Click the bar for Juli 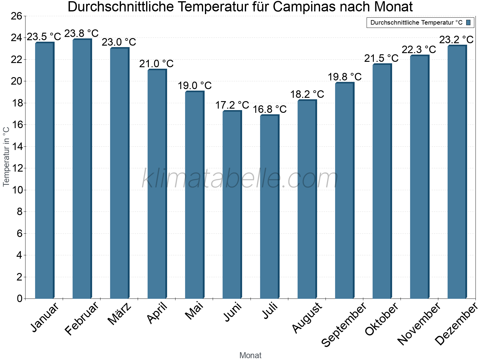point(269,207)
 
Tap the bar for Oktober point(382,181)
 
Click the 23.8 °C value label point(81,33)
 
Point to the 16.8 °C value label point(269,109)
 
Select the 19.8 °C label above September point(344,77)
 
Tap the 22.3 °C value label point(419,49)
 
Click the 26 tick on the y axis point(16,16)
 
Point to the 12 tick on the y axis point(16,168)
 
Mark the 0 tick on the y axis point(19,298)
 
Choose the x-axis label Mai point(194,311)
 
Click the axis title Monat point(250,355)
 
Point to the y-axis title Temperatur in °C point(6,156)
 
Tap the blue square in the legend point(468,22)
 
